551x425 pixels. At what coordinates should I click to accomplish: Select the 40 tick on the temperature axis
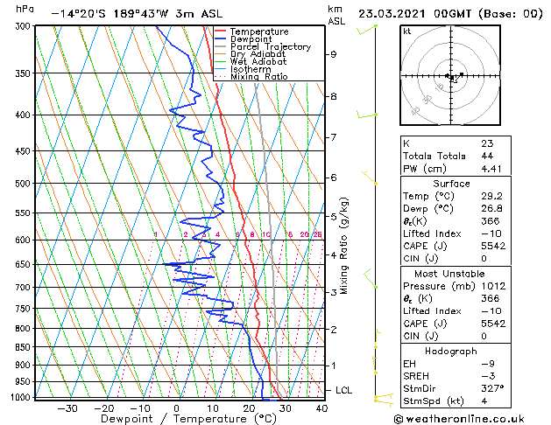click(x=321, y=408)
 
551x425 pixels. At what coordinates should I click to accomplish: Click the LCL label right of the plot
click(x=344, y=390)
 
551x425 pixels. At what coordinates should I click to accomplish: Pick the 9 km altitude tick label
click(x=334, y=54)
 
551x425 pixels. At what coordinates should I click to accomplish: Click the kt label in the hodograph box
click(x=406, y=31)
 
